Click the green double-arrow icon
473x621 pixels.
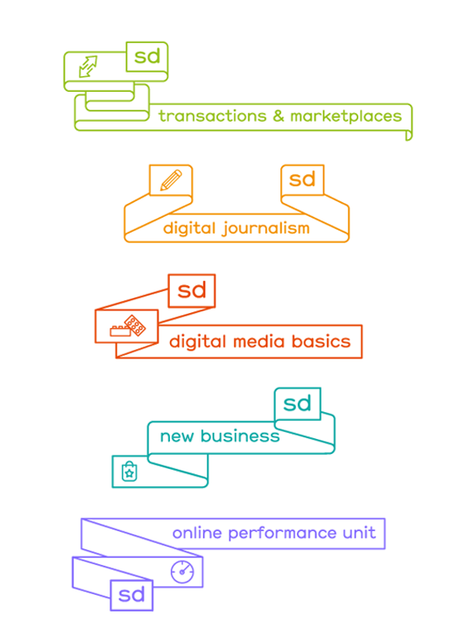[88, 66]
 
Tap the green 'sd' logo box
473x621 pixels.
[147, 57]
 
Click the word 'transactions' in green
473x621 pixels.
[213, 116]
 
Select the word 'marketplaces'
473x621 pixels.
[346, 116]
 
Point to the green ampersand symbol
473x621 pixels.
[279, 115]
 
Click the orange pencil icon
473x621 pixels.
[171, 180]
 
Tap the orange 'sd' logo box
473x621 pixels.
[302, 180]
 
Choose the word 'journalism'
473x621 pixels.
[266, 228]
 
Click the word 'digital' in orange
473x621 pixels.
[189, 228]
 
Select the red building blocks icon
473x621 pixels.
[128, 325]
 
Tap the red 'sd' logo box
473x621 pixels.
[192, 290]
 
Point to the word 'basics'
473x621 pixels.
[321, 341]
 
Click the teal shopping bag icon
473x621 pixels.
[130, 471]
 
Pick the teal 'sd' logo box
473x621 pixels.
[297, 404]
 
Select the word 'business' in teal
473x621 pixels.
[240, 436]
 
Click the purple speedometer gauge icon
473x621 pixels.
[182, 572]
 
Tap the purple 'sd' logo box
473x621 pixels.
[131, 596]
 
